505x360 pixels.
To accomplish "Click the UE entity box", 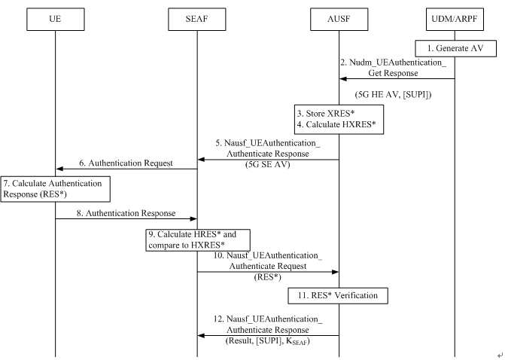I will point(55,18).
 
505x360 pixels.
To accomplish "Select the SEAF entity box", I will point(196,18).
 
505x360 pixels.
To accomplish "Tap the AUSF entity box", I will point(339,18).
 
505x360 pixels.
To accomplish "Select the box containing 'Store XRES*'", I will point(339,119).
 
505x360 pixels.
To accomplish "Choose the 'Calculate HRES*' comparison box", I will point(196,239).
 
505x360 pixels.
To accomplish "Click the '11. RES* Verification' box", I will point(339,294).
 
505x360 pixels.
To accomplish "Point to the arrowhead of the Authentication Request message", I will point(60,169).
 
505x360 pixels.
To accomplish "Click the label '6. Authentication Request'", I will point(125,163).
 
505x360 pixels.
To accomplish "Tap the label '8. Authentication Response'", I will point(125,213).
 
